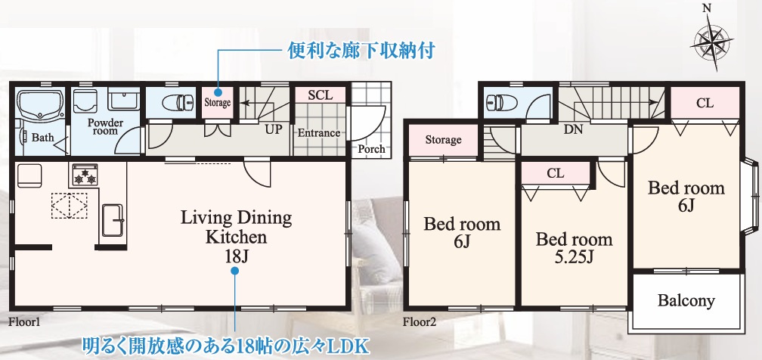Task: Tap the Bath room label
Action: click(x=42, y=138)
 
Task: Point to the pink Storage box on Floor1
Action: click(x=217, y=102)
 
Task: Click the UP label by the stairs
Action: click(x=273, y=129)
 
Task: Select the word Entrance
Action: click(x=318, y=133)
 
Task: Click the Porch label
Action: click(x=371, y=149)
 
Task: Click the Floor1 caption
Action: click(x=23, y=321)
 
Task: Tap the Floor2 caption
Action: click(x=420, y=321)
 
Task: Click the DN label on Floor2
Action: click(x=573, y=129)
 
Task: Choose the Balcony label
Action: click(x=686, y=301)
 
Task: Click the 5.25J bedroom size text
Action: click(x=574, y=258)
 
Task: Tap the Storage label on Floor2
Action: click(x=443, y=140)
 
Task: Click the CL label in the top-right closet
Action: click(x=705, y=104)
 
